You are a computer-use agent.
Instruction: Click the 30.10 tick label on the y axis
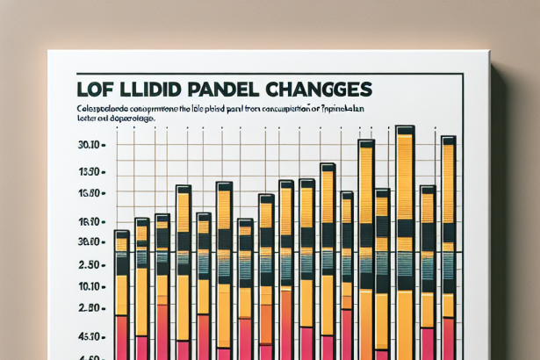click(x=91, y=145)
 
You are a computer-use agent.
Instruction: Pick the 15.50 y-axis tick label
click(x=91, y=172)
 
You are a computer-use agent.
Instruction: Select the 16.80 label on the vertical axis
click(x=91, y=195)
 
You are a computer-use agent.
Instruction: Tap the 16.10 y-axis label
click(x=91, y=223)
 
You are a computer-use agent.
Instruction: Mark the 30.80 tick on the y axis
click(x=91, y=242)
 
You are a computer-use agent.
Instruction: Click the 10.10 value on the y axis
click(x=91, y=287)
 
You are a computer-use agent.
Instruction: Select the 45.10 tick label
click(x=91, y=336)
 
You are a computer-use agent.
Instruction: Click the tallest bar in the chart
click(x=405, y=246)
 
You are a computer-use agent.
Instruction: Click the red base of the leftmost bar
click(x=122, y=338)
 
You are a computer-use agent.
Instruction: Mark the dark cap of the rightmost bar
click(x=448, y=140)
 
